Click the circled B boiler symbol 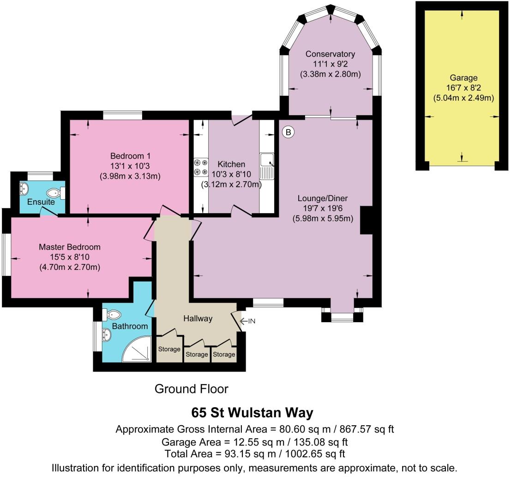point(288,133)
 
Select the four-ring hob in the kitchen point(200,167)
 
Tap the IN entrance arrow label point(248,321)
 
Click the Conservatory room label point(330,54)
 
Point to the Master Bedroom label point(69,247)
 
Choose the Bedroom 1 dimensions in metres point(130,176)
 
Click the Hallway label point(198,318)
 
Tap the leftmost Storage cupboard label point(169,349)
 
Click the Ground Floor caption point(191,389)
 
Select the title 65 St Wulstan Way point(252,412)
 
